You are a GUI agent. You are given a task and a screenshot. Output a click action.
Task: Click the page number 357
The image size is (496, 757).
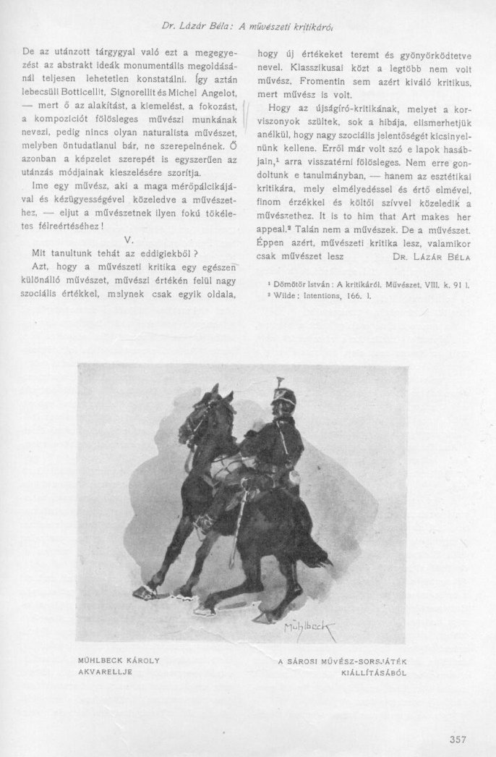[457, 738]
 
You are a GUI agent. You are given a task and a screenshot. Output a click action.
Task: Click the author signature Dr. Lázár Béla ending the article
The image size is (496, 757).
[432, 256]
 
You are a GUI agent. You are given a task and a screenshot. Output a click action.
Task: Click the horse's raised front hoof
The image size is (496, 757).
[145, 591]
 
